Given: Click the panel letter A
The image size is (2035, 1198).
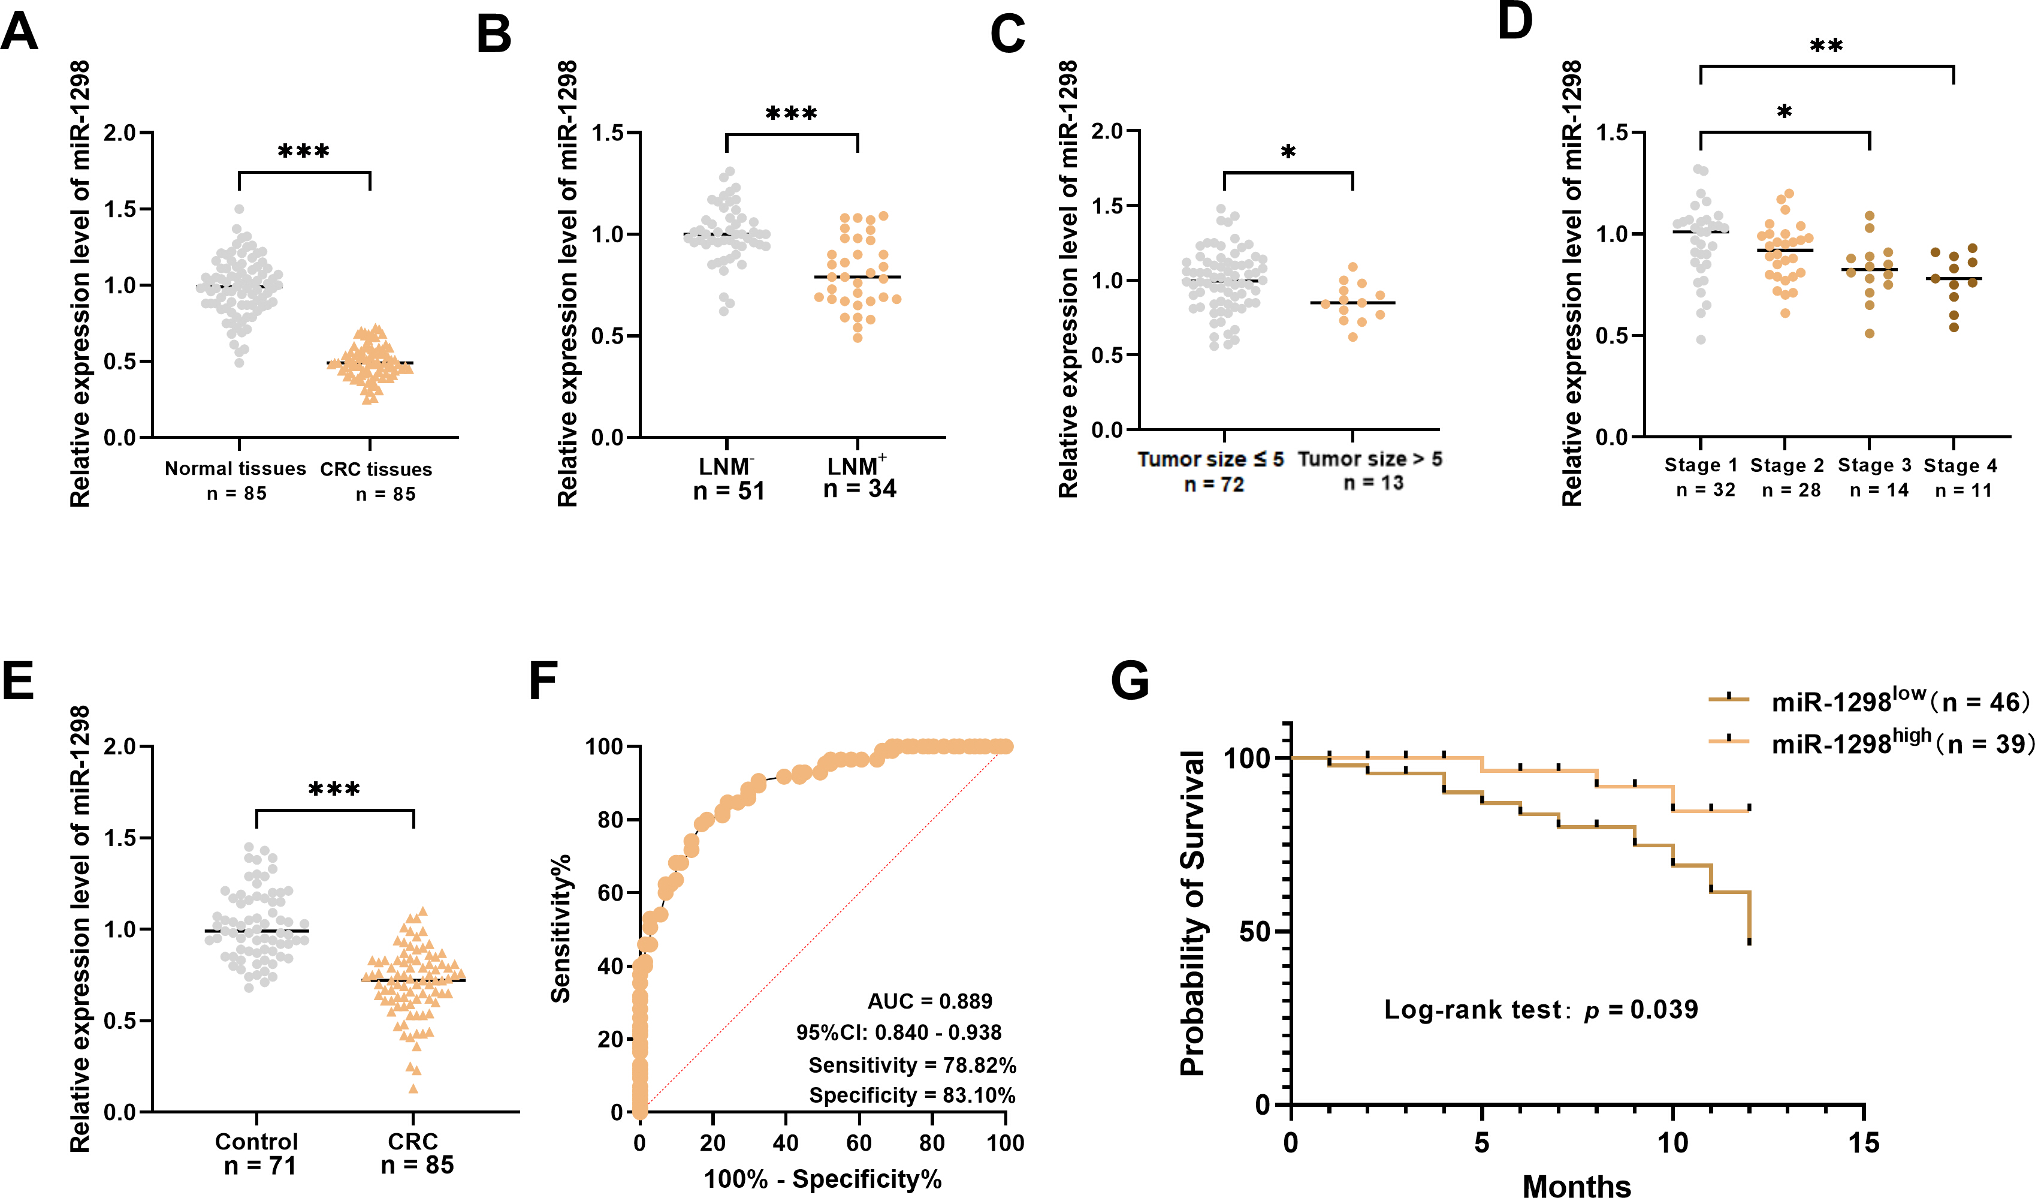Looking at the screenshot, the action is point(19,32).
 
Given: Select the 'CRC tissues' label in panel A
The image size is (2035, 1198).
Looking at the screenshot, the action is point(376,469).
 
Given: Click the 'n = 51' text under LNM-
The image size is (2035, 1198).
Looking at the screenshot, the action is point(729,490).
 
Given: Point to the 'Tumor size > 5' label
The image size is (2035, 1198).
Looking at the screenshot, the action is point(1370,459).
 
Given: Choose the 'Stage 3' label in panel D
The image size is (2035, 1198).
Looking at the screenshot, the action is point(1874,465).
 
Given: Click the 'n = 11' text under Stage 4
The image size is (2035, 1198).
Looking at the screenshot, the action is point(1963,490).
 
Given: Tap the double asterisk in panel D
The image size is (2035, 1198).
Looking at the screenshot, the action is point(1826,45).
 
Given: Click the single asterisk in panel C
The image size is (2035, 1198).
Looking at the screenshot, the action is point(1288,151).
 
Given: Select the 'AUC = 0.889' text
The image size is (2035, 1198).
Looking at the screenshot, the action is point(929,1002).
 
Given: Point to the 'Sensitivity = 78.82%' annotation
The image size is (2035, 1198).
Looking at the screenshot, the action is point(913,1065).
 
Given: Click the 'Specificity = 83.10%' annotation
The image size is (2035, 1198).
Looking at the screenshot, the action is point(913,1095).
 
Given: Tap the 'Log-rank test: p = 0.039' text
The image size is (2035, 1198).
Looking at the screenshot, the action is point(1541,1010).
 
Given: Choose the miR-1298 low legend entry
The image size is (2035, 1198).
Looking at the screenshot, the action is point(1870,701).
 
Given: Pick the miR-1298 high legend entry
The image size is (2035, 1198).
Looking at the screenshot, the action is point(1870,742).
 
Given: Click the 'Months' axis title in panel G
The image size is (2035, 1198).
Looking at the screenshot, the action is point(1577,1185).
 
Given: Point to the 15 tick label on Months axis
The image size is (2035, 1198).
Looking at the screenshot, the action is point(1863,1143).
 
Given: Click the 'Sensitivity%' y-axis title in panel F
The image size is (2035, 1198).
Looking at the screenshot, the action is point(560,928).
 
